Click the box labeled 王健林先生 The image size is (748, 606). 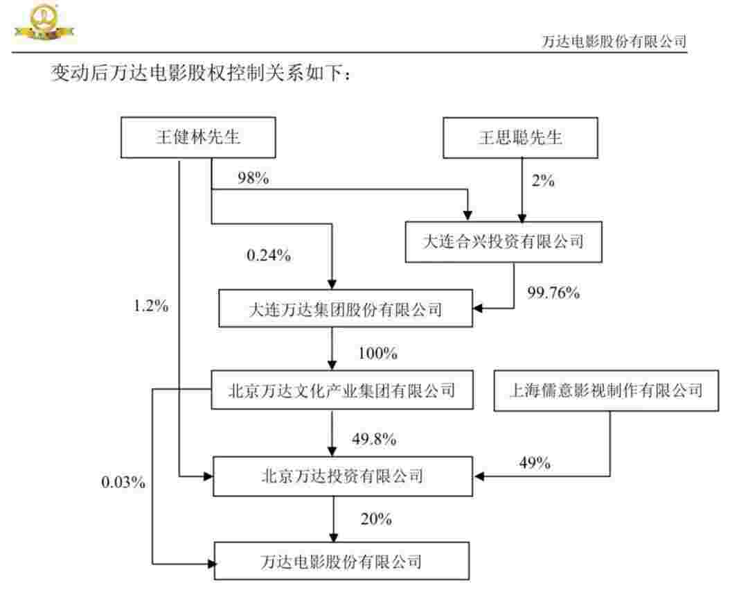point(198,137)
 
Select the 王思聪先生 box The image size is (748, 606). point(520,137)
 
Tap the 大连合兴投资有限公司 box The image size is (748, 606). point(504,241)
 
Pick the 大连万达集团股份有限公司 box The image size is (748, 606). point(346,309)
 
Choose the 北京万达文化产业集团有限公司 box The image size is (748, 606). point(342,390)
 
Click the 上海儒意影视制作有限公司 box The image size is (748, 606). point(606,390)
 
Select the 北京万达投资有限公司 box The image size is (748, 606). point(343,476)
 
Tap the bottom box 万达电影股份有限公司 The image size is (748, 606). point(341,561)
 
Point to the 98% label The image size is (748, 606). point(253,178)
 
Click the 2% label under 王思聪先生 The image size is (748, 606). point(544,180)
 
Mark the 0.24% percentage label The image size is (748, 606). point(269,255)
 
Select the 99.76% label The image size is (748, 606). point(553,293)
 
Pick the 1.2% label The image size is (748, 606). point(151,306)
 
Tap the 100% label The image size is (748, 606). point(378,354)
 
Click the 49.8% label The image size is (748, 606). point(375,439)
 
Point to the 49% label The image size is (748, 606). point(535,462)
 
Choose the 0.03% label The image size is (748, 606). point(123,483)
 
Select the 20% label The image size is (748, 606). point(376,519)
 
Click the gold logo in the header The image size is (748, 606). point(44,22)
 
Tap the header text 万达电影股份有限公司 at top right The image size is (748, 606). point(614,42)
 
